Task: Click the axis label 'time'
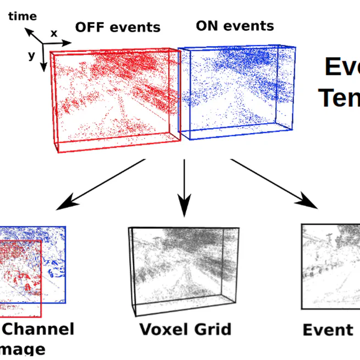click(x=23, y=16)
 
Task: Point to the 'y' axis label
click(x=31, y=56)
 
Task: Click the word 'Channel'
click(x=38, y=329)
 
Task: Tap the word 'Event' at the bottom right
click(x=328, y=330)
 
